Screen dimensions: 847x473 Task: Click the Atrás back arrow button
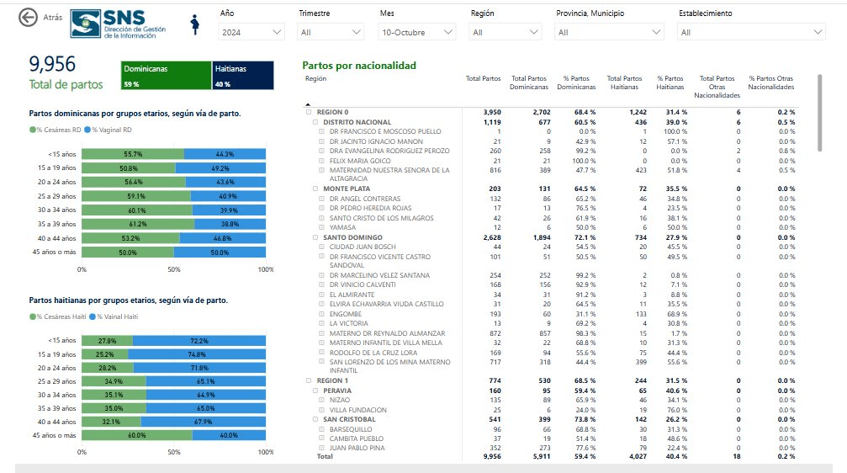coord(28,18)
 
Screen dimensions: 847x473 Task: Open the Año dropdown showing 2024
coord(251,33)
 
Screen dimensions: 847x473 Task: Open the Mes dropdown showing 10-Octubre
coord(416,33)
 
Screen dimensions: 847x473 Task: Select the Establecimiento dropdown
coord(751,33)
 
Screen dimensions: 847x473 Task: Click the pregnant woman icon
coord(195,25)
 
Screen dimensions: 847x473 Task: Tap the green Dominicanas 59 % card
coord(166,75)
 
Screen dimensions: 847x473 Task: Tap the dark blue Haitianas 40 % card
coord(243,75)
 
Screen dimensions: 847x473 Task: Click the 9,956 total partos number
coord(52,64)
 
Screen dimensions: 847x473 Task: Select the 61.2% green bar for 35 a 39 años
coord(138,224)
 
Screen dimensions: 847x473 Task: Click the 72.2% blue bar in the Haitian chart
coord(199,341)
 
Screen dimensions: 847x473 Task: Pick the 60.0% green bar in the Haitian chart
coord(137,435)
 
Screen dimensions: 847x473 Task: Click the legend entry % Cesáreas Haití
coord(58,316)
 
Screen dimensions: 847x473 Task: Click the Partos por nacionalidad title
coord(359,66)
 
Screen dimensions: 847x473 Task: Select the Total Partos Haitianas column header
coord(624,82)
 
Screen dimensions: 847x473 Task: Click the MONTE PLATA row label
coord(347,189)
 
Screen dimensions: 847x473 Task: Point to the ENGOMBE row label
coord(346,314)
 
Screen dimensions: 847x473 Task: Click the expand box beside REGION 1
coord(309,380)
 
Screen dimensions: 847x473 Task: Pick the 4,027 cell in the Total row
coord(638,456)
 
